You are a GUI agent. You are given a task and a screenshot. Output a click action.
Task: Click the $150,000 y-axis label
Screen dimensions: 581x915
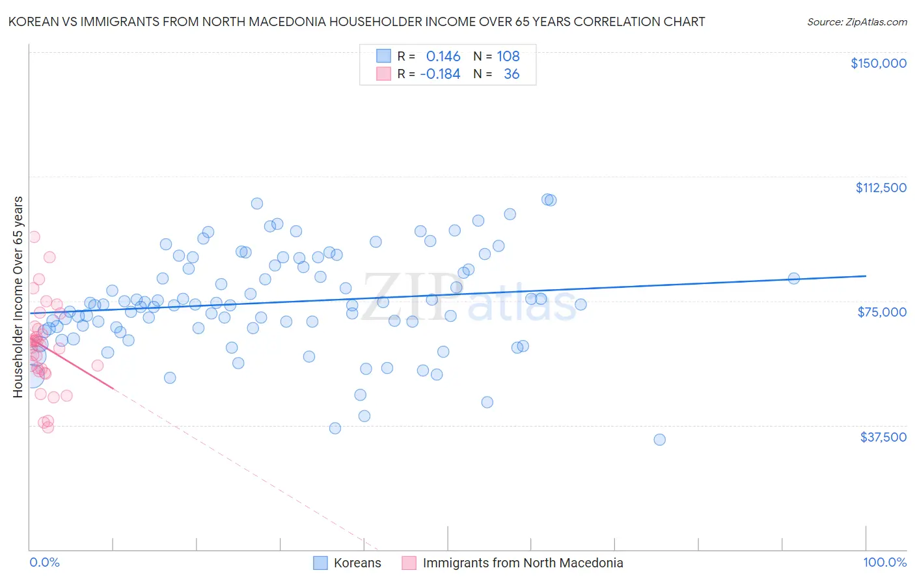coord(878,63)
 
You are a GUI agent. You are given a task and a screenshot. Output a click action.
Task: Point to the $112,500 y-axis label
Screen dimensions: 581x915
coord(881,188)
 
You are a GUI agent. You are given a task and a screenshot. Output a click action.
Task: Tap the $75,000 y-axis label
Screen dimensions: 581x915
coord(882,312)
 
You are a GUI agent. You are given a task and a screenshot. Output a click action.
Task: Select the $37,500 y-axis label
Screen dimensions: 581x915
coord(883,437)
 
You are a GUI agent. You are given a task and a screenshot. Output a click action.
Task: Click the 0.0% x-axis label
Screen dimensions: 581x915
coord(44,563)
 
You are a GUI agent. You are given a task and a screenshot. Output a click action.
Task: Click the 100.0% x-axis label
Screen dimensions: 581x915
coord(884,563)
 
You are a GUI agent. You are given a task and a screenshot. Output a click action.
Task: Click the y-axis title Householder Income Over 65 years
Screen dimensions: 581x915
coord(18,296)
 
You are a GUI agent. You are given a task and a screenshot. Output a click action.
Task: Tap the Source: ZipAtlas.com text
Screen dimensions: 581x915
coord(856,21)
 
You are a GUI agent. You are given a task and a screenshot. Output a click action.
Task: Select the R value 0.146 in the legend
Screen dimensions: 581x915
coord(443,57)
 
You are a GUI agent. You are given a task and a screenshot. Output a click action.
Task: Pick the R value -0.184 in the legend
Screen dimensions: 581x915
coord(440,74)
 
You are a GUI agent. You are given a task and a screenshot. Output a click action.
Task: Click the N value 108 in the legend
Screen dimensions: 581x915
coord(508,57)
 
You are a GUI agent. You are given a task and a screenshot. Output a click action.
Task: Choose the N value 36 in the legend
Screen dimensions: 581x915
coord(512,74)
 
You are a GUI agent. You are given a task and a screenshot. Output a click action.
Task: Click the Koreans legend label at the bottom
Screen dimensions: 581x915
coord(357,563)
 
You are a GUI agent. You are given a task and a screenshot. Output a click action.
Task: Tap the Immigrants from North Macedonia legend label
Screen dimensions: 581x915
coord(523,563)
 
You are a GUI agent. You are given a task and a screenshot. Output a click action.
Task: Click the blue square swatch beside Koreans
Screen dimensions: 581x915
coord(320,563)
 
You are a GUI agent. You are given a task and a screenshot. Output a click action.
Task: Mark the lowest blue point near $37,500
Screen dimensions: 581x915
coord(659,440)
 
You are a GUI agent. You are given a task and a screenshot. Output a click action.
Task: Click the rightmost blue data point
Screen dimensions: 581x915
coord(794,278)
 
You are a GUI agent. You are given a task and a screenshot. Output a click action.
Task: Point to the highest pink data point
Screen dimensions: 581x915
coord(34,237)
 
